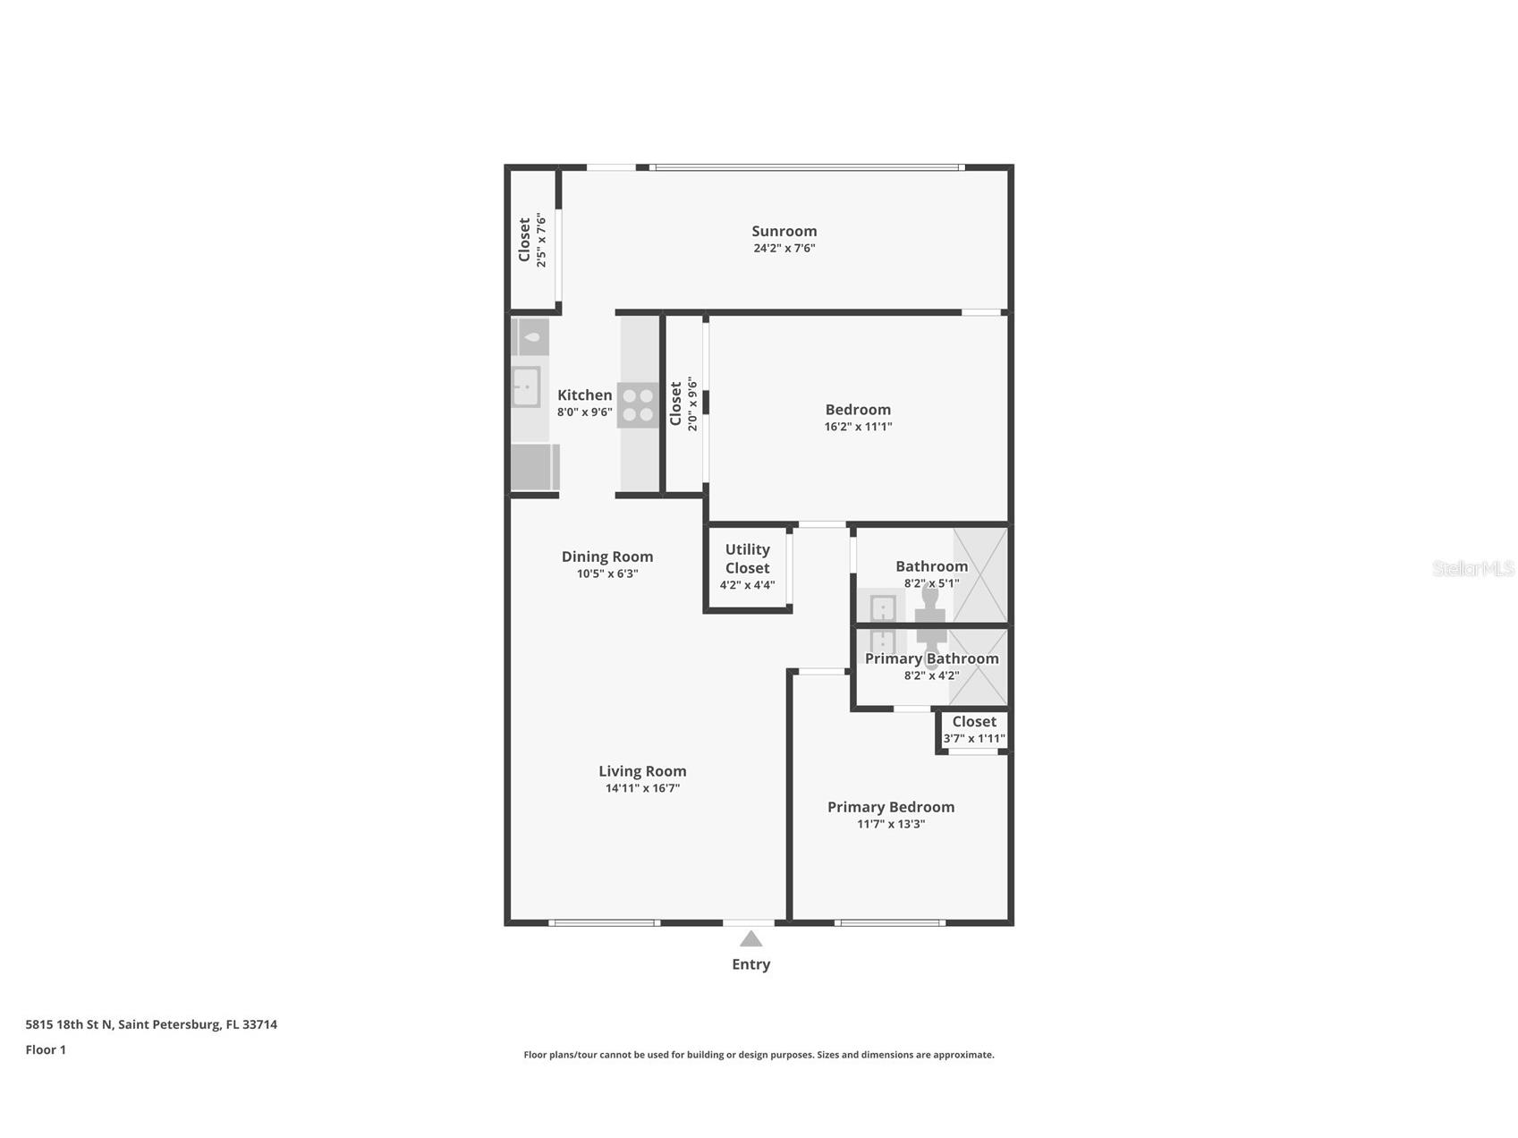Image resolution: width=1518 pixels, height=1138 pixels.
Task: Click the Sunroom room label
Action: (x=784, y=231)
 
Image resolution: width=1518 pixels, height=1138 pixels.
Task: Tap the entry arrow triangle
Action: (x=751, y=938)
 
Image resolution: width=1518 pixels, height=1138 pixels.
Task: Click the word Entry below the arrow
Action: (x=751, y=964)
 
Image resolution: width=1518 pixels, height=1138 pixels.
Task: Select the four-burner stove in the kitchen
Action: (x=638, y=404)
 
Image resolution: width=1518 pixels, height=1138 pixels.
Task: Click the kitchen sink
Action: (x=526, y=386)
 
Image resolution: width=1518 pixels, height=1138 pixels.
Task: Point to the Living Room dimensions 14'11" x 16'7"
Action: (x=642, y=788)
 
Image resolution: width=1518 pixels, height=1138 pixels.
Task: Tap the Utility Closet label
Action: (x=747, y=558)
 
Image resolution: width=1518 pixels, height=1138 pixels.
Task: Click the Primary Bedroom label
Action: (x=890, y=807)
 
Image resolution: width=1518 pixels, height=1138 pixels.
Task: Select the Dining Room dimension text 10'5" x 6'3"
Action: (x=607, y=573)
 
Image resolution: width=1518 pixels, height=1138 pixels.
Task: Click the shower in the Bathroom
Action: (x=979, y=574)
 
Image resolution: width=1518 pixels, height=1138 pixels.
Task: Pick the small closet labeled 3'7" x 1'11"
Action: (x=973, y=730)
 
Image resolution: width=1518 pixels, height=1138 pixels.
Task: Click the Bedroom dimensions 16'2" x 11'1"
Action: (x=858, y=427)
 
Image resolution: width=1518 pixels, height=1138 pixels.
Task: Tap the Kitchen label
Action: (x=584, y=395)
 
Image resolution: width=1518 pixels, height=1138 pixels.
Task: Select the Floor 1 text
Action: (x=46, y=1049)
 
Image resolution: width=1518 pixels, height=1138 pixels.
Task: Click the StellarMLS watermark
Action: (x=1472, y=568)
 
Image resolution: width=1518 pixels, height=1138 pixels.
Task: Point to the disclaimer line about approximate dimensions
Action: (x=759, y=1055)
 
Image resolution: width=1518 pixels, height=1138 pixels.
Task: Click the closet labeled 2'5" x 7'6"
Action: (x=532, y=240)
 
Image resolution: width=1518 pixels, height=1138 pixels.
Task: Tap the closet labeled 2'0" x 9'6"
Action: (x=683, y=404)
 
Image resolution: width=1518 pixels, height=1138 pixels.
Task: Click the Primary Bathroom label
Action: (x=931, y=658)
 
